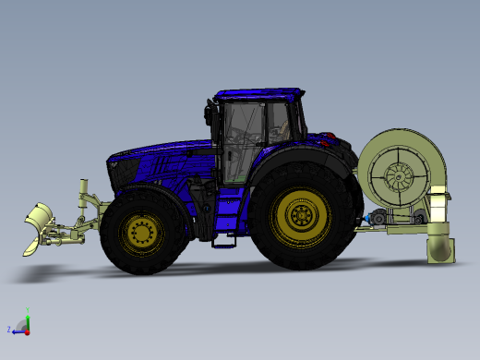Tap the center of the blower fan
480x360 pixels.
click(x=402, y=174)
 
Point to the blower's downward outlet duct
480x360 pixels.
click(x=440, y=247)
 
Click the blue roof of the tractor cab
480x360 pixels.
click(x=258, y=94)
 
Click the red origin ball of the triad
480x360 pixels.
click(x=28, y=330)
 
